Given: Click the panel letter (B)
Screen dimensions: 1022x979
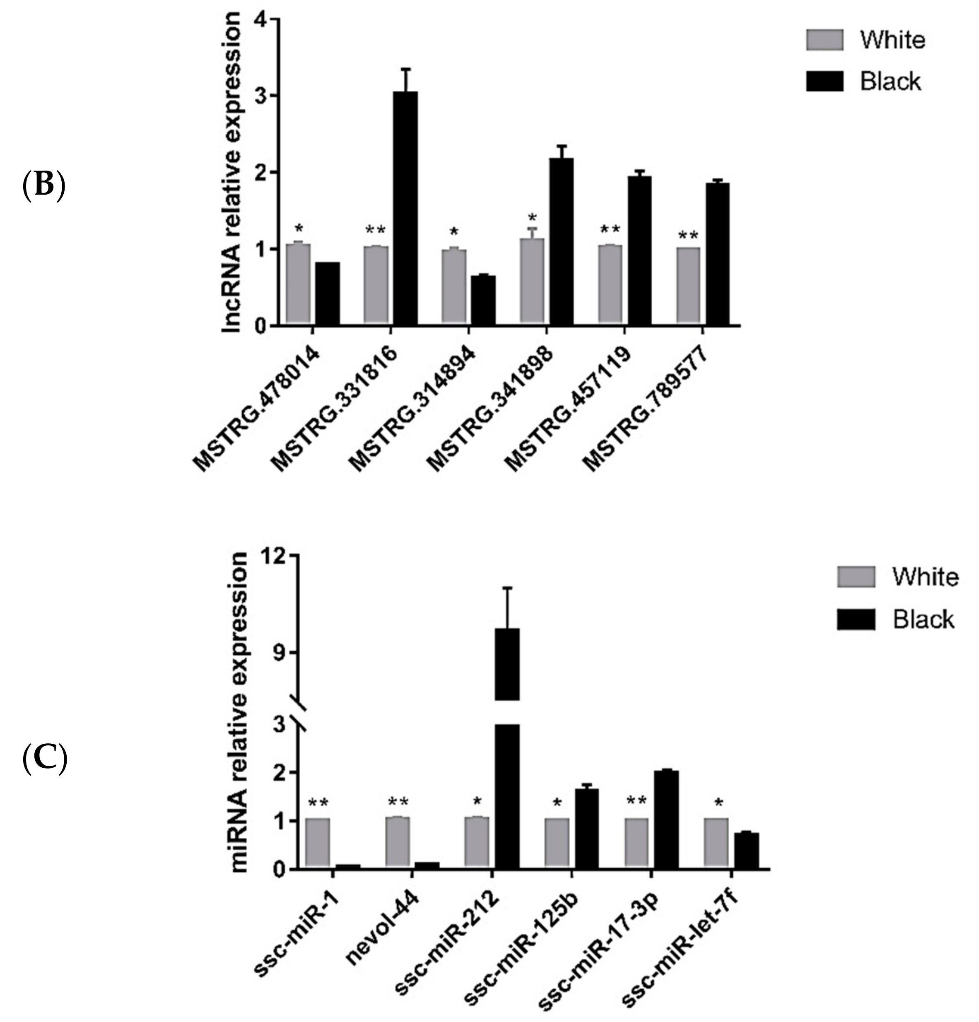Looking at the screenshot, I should [44, 186].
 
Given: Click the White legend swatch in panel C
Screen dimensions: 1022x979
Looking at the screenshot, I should [856, 577].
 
